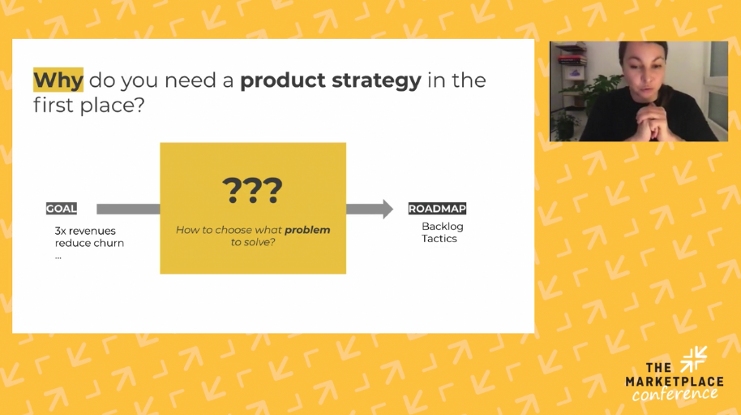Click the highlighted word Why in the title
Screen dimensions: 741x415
[x=58, y=80]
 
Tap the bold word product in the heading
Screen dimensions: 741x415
[x=283, y=80]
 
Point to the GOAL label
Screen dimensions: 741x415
[x=62, y=209]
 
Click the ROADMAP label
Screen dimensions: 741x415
[x=437, y=209]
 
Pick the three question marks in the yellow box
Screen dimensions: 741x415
[x=252, y=190]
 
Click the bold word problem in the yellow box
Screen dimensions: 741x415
[x=307, y=230]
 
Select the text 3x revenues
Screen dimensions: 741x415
[x=85, y=231]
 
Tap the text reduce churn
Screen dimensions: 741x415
[x=89, y=243]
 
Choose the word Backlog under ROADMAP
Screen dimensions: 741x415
[x=443, y=227]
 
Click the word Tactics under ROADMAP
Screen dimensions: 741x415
[x=439, y=239]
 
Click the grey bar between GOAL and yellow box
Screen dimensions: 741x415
[x=128, y=210]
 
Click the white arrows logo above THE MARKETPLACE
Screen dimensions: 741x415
[x=694, y=359]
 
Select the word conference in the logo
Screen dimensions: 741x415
[x=675, y=394]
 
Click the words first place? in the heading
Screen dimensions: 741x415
[x=88, y=105]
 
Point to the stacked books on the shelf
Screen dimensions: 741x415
[x=572, y=60]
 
